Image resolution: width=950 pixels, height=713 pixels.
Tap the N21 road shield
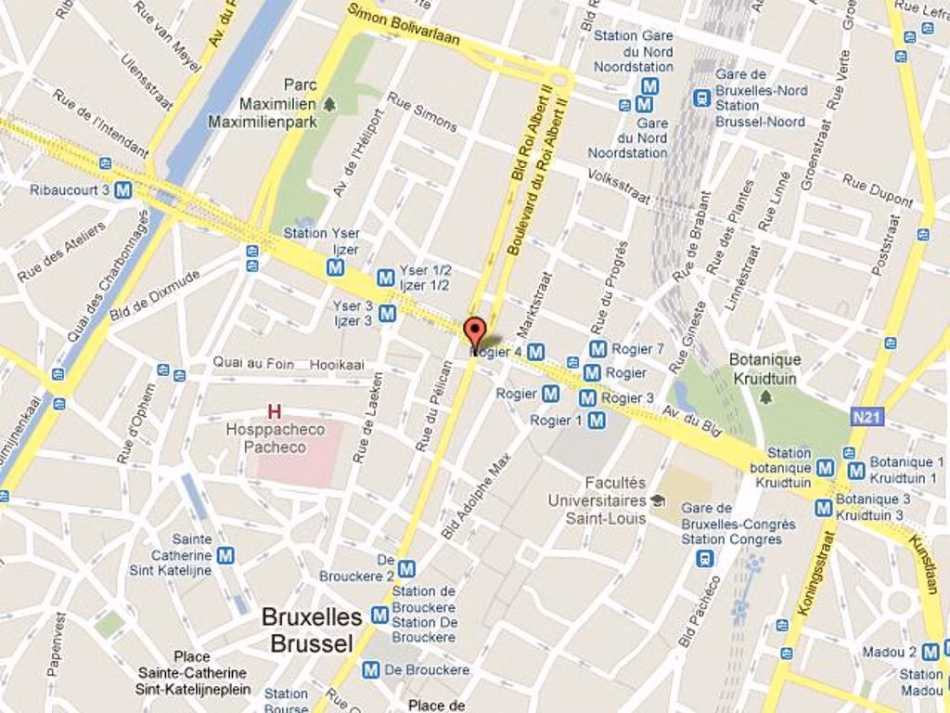point(865,417)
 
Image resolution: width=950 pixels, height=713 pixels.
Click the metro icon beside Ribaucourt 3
point(123,190)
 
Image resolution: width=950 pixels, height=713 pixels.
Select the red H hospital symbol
point(274,410)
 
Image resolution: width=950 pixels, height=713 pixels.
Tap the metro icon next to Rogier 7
point(598,349)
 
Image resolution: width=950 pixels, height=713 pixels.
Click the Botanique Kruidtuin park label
point(765,369)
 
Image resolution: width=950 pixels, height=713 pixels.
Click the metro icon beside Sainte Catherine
point(225,555)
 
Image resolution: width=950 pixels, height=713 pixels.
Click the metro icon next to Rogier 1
point(597,421)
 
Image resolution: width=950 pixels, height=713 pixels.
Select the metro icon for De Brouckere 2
point(406,568)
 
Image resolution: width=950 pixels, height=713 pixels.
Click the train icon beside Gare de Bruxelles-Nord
point(702,97)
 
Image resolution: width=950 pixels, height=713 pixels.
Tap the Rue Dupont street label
point(877,190)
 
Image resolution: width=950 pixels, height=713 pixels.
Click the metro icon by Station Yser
point(336,267)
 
